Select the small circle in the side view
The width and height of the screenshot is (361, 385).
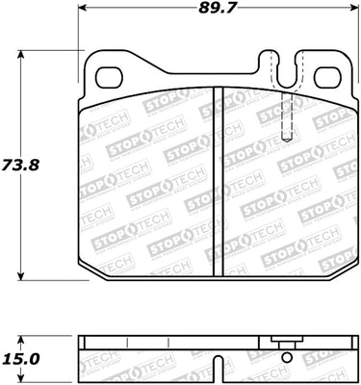[285, 356]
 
